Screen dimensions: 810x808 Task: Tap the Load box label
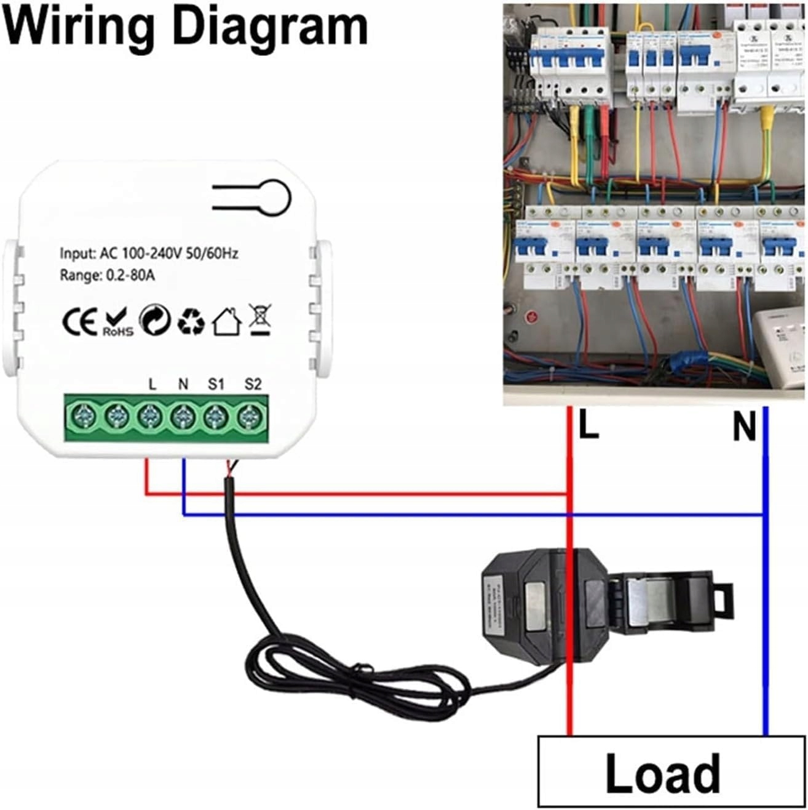(x=662, y=772)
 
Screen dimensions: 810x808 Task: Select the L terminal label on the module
(x=152, y=385)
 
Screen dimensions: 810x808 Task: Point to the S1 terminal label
(x=216, y=385)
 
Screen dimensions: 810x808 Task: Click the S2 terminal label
(x=253, y=385)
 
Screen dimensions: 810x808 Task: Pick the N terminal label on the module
(x=183, y=385)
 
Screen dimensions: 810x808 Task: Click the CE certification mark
(x=80, y=321)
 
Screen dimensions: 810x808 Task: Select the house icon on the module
(x=226, y=321)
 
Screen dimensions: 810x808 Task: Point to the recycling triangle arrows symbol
(x=191, y=321)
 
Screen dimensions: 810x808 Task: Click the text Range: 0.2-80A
(x=107, y=275)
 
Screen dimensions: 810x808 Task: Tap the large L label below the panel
(x=588, y=426)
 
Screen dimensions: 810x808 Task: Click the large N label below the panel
(x=744, y=426)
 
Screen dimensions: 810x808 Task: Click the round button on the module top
(x=272, y=197)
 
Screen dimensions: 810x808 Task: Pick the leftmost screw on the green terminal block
(x=82, y=418)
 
